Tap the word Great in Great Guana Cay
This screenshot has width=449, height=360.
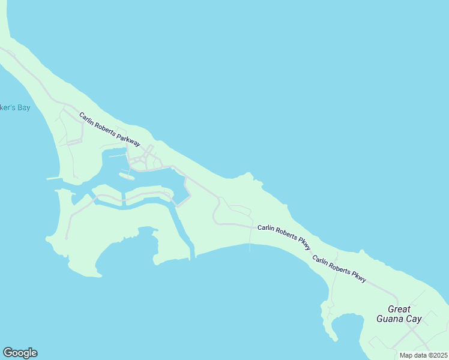click(399, 310)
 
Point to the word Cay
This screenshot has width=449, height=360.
click(414, 319)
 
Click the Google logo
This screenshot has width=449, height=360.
click(20, 353)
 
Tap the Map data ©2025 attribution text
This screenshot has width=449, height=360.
click(423, 355)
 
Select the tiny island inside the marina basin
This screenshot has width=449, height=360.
click(127, 176)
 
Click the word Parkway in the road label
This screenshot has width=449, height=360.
click(128, 138)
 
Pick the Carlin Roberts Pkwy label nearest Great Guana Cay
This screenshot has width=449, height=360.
click(339, 268)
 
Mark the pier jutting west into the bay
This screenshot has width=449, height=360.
click(54, 178)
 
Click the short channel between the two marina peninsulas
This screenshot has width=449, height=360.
click(123, 199)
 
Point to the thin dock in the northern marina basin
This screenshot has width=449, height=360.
click(118, 156)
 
